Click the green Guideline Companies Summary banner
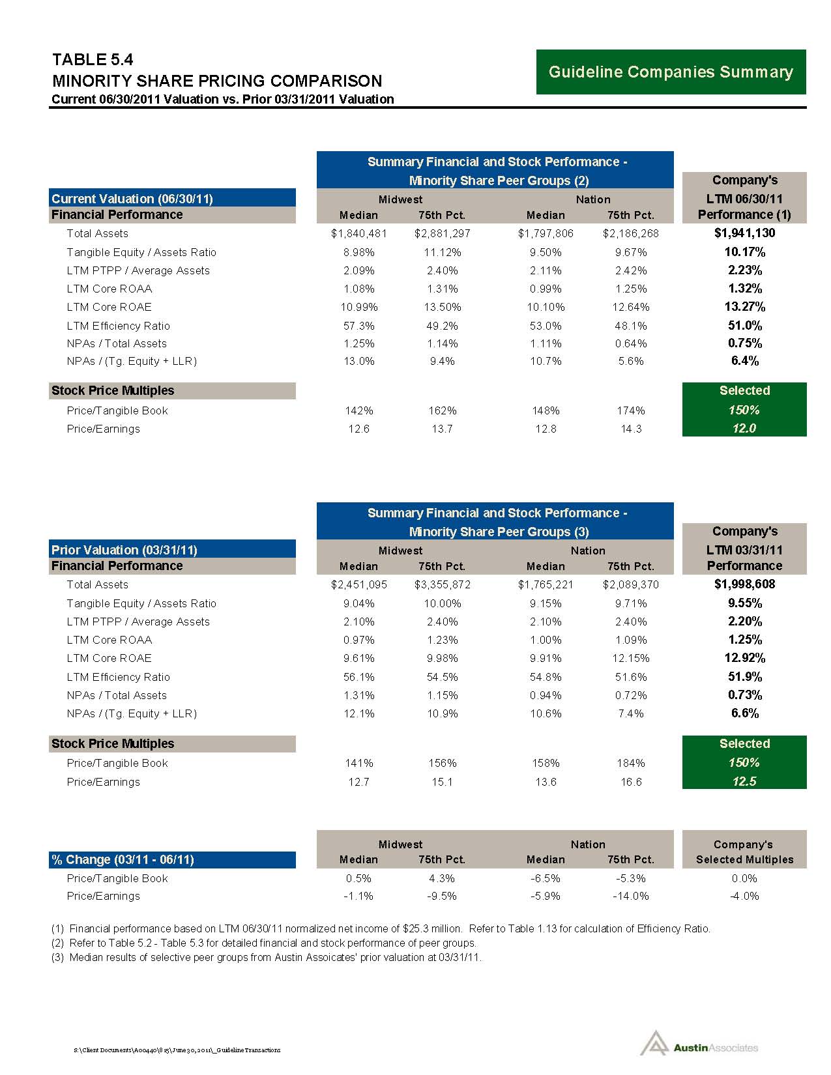pos(671,72)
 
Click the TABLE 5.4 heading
pos(93,60)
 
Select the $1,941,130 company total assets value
pos(744,233)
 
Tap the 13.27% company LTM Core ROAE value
pos(744,307)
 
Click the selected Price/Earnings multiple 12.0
pos(744,428)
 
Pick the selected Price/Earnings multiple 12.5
pos(744,781)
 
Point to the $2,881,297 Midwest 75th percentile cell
pos(442,233)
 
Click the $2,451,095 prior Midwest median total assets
pos(358,584)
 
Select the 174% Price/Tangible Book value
pos(631,410)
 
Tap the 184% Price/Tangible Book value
pos(631,763)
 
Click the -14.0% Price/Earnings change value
pos(631,896)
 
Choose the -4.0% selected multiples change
pos(744,896)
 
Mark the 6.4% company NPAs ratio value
pos(744,361)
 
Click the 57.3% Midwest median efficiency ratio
pos(358,326)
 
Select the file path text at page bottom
pos(178,1050)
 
